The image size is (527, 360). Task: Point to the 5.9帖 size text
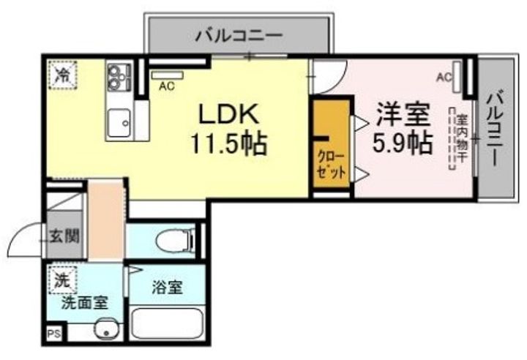coord(401,143)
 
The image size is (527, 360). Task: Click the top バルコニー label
coord(239,34)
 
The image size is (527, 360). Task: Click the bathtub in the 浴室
coord(167,323)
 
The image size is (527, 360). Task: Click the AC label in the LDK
coord(165,86)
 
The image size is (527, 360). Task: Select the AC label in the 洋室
coord(444,76)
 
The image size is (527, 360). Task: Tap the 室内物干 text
coord(463,138)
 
